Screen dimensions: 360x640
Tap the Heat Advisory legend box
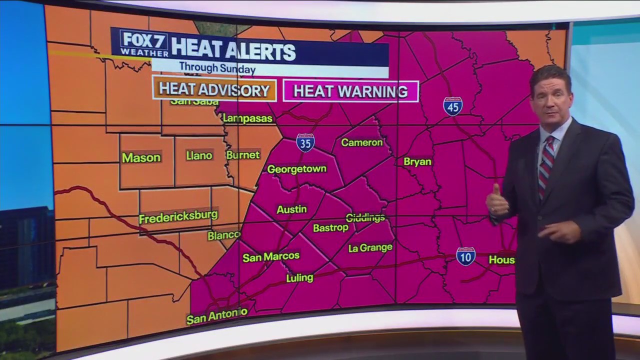coord(214,90)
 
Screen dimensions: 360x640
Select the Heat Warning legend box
coord(350,91)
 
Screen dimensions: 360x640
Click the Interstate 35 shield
coord(305,142)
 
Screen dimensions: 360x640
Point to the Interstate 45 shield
coord(452,106)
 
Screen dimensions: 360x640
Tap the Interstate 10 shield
coord(465,256)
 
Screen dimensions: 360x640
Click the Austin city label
coord(291,209)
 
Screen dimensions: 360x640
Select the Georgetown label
coord(296,169)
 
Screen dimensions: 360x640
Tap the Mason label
coord(141,157)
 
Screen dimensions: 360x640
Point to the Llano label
coord(199,155)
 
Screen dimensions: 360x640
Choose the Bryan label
coord(417,162)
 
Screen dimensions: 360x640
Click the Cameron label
coord(361,142)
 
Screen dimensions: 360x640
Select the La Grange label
coord(370,247)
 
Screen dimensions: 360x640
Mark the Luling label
coord(299,277)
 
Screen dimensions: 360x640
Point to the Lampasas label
coord(248,118)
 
